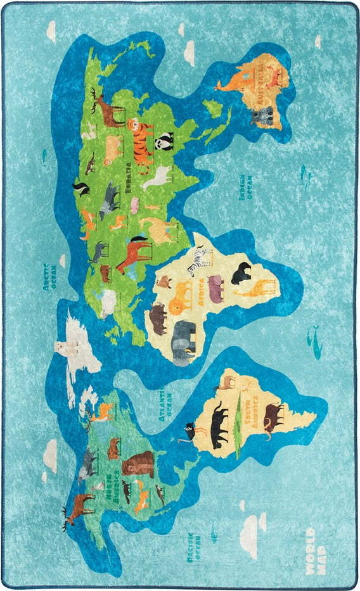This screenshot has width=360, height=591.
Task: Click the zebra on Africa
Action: (202, 260)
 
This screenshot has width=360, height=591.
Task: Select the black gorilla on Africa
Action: (240, 274)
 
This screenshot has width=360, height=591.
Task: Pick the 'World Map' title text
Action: (315, 543)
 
